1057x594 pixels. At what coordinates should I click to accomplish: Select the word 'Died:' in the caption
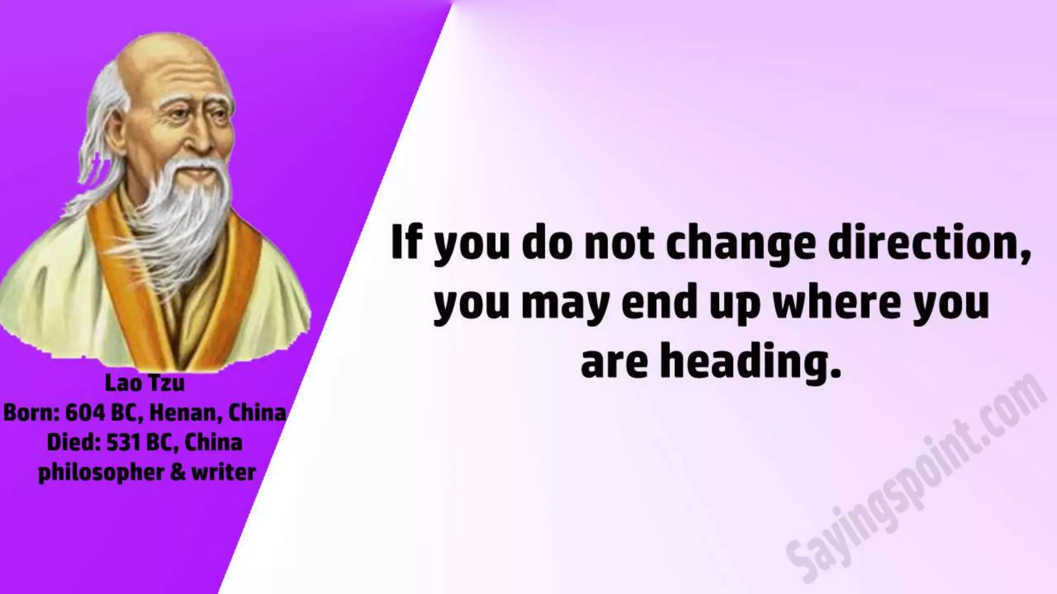(73, 442)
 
